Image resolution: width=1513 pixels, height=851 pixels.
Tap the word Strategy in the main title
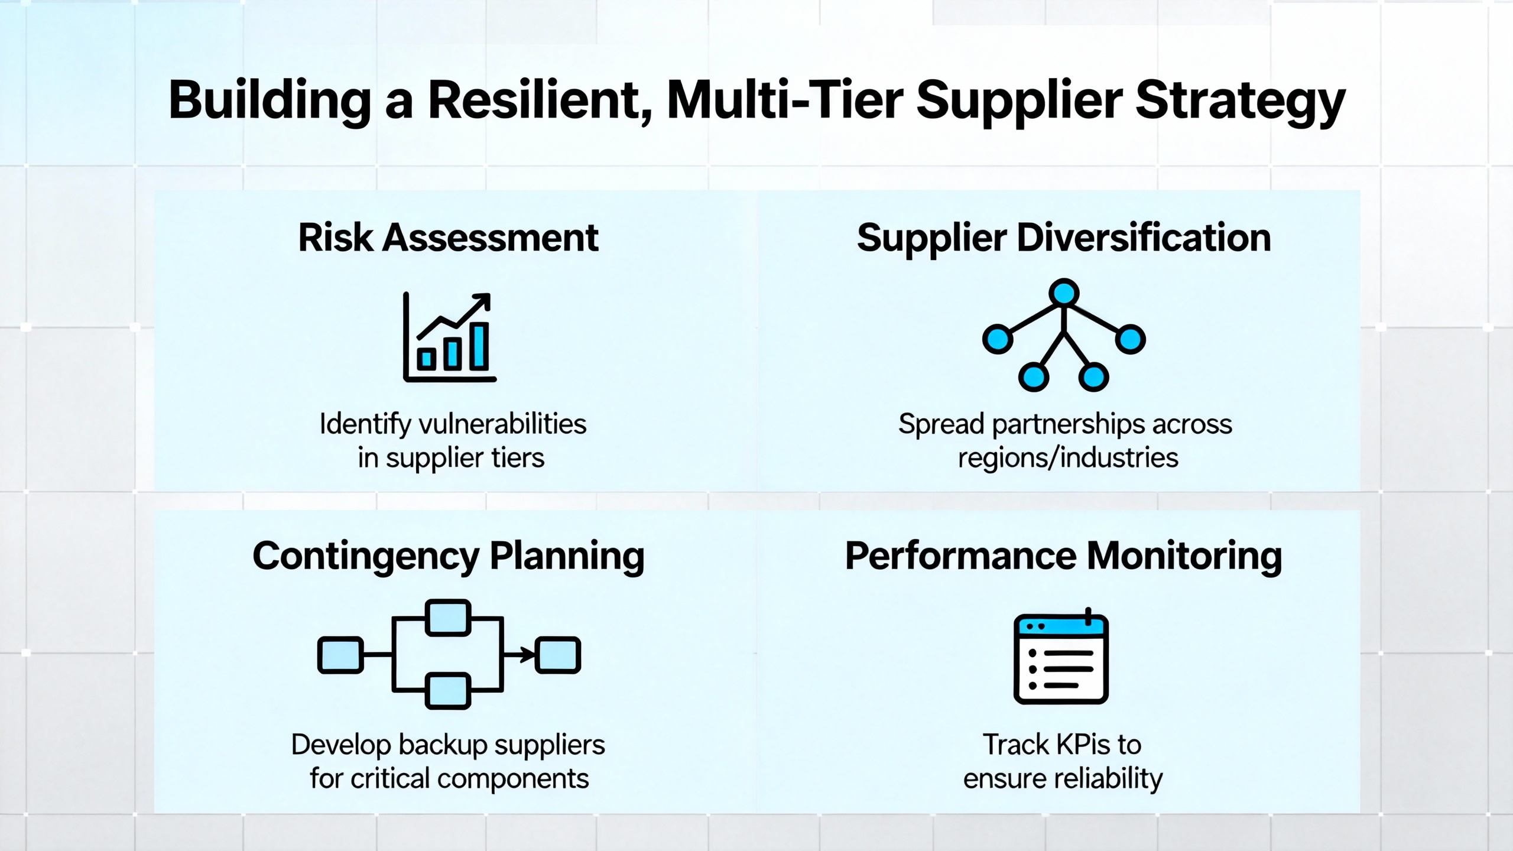[x=1241, y=102]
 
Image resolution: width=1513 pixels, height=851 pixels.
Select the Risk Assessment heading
[x=449, y=238]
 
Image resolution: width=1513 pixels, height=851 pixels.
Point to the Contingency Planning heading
[x=449, y=557]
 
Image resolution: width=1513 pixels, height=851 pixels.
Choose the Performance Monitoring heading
[x=1064, y=557]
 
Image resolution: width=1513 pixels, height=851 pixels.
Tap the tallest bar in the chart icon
[x=479, y=346]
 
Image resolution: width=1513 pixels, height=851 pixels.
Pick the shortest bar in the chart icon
[x=426, y=359]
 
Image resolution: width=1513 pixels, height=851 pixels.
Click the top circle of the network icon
[x=1064, y=293]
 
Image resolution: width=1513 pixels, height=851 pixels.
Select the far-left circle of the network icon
[x=998, y=339]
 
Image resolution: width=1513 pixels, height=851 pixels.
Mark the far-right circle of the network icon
[x=1131, y=339]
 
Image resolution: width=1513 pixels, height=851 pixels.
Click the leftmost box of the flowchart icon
[x=340, y=655]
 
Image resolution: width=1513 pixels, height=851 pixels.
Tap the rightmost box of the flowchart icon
[x=558, y=655]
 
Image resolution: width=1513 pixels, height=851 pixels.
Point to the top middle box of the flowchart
[x=448, y=618]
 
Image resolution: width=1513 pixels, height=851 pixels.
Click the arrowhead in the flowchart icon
[x=528, y=655]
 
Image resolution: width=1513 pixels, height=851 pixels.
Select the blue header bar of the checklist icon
[x=1061, y=625]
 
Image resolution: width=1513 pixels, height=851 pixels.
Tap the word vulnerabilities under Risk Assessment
[x=502, y=424]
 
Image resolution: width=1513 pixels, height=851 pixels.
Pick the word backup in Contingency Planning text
[x=444, y=746]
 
